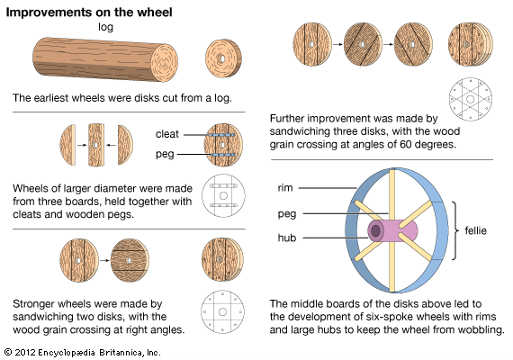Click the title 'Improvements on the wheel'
pyautogui.click(x=89, y=13)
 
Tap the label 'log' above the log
pyautogui.click(x=105, y=27)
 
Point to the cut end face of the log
pyautogui.click(x=164, y=63)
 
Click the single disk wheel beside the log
pyautogui.click(x=223, y=58)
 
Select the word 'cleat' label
pyautogui.click(x=167, y=134)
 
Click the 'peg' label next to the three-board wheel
pyautogui.click(x=165, y=154)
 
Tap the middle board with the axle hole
pyautogui.click(x=96, y=145)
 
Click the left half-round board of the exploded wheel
pyautogui.click(x=67, y=145)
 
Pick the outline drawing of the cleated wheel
pyautogui.click(x=224, y=195)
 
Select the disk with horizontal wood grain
pyautogui.click(x=130, y=260)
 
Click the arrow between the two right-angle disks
pyautogui.click(x=104, y=260)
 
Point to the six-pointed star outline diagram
pyautogui.click(x=471, y=99)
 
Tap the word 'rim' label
pyautogui.click(x=285, y=188)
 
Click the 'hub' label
pyautogui.click(x=287, y=238)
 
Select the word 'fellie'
pyautogui.click(x=476, y=230)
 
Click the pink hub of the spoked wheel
pyautogui.click(x=392, y=230)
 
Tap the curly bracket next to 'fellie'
pyautogui.click(x=455, y=230)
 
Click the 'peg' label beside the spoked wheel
pyautogui.click(x=287, y=214)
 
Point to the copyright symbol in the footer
pyautogui.click(x=8, y=352)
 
